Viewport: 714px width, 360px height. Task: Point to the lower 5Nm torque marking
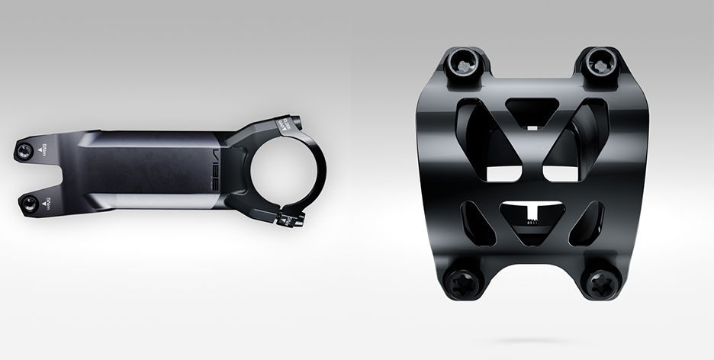coord(50,202)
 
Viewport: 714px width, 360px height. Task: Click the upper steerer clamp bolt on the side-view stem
coord(28,149)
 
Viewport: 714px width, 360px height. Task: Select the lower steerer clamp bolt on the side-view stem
coord(31,202)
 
